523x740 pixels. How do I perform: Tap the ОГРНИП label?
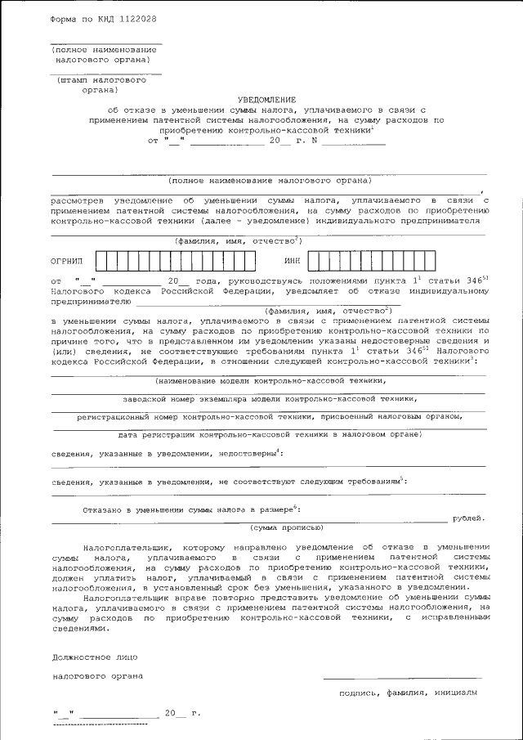(68, 261)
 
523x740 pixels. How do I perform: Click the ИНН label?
(293, 261)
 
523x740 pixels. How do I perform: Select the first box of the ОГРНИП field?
(102, 261)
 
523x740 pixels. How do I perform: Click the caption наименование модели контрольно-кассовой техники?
(269, 380)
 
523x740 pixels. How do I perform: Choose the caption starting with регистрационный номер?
(270, 416)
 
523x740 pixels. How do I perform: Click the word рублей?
(469, 518)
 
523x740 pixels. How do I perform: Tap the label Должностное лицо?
(89, 656)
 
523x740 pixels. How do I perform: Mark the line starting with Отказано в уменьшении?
(196, 509)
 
